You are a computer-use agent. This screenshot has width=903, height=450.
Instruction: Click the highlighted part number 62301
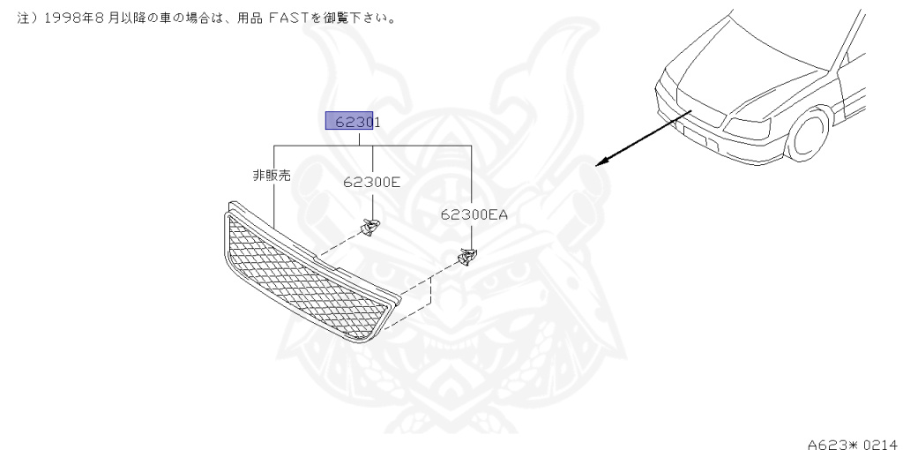(x=353, y=122)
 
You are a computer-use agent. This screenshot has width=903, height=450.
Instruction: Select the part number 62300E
(x=371, y=183)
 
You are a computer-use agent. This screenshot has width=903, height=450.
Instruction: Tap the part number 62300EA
(x=474, y=214)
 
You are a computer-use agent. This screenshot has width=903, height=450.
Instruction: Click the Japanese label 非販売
(x=272, y=176)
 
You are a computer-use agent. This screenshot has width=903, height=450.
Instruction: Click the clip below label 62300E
(x=370, y=228)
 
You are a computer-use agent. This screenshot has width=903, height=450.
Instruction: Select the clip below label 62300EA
(x=466, y=257)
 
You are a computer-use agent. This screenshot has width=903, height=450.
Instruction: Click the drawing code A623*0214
(x=850, y=439)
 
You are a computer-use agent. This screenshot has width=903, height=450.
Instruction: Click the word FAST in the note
(x=306, y=18)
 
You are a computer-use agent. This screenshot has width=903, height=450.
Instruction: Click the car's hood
(x=750, y=71)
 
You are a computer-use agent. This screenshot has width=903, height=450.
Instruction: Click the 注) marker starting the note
(x=23, y=18)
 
